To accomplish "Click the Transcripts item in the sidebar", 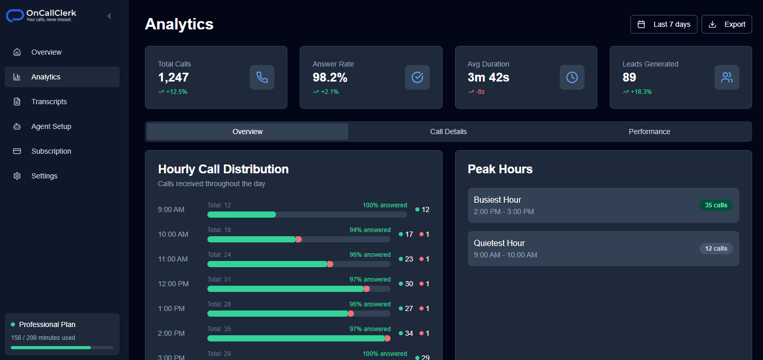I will (49, 102).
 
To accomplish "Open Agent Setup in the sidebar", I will (51, 126).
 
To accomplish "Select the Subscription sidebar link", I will (51, 151).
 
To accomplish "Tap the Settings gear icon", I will (17, 176).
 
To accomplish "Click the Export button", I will (726, 24).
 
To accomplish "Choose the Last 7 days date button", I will (663, 24).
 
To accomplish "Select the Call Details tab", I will (448, 132).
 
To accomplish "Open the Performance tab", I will (649, 132).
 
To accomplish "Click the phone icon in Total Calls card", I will (262, 77).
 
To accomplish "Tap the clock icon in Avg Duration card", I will (572, 77).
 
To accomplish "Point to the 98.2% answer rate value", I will (330, 77).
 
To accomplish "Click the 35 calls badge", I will (716, 205).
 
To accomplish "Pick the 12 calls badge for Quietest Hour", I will (716, 249).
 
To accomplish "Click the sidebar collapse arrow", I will (109, 16).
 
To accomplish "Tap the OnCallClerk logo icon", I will (15, 16).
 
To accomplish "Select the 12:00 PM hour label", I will (173, 284).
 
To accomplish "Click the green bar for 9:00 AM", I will (241, 215).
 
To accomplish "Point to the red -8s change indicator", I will (480, 92).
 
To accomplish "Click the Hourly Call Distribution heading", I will (223, 169).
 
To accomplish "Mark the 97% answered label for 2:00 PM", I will (370, 329).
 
